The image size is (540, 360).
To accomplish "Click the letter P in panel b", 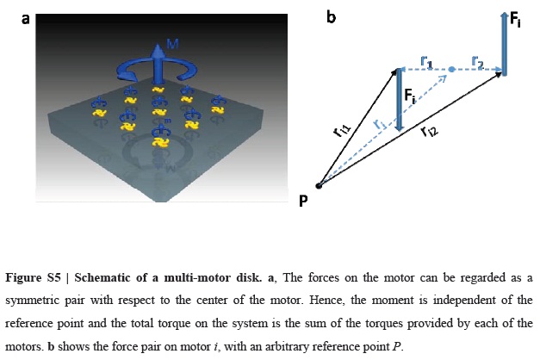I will coord(303,201).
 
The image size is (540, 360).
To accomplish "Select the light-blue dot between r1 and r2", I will coord(450,68).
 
